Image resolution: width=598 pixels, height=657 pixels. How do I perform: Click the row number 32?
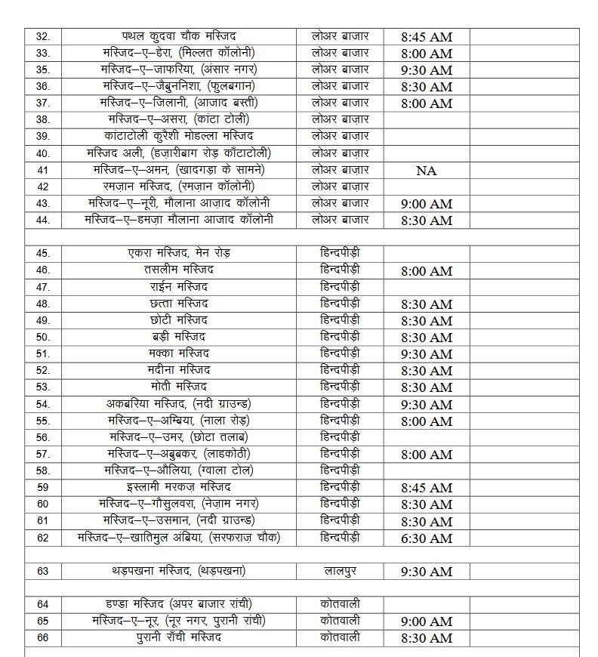pos(43,36)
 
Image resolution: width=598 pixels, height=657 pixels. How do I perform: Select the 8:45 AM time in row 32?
pos(427,36)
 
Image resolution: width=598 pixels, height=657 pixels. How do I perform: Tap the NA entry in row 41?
pos(427,171)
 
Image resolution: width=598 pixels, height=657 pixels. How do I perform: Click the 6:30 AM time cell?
pos(427,538)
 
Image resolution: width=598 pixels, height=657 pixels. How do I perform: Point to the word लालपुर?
pos(340,571)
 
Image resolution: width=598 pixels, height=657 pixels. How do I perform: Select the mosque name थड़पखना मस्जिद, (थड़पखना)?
pos(179,571)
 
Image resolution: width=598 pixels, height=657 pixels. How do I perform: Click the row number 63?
pos(43,572)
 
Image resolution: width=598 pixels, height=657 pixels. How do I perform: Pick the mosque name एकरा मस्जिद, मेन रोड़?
pos(179,254)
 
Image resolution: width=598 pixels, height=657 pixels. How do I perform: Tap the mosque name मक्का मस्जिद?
pos(179,353)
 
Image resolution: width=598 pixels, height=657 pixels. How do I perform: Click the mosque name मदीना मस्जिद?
pos(179,370)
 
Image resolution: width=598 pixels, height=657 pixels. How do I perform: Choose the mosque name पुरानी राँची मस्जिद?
pos(179,637)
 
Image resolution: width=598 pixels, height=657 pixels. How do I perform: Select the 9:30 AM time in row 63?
pos(427,572)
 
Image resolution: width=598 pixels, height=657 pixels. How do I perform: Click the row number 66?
pos(43,638)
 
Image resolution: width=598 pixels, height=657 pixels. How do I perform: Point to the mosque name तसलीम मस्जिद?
pos(179,270)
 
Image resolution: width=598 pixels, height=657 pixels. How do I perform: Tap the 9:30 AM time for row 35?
pos(427,69)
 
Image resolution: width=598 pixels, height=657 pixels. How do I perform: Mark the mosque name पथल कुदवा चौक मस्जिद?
pos(179,36)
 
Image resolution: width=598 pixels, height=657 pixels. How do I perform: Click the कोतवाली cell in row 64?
pos(340,604)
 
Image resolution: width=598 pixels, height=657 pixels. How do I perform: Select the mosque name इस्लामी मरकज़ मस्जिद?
pos(179,487)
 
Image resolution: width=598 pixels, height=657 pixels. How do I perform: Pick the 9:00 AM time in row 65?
pos(427,622)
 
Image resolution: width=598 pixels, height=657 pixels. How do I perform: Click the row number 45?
pos(43,254)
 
